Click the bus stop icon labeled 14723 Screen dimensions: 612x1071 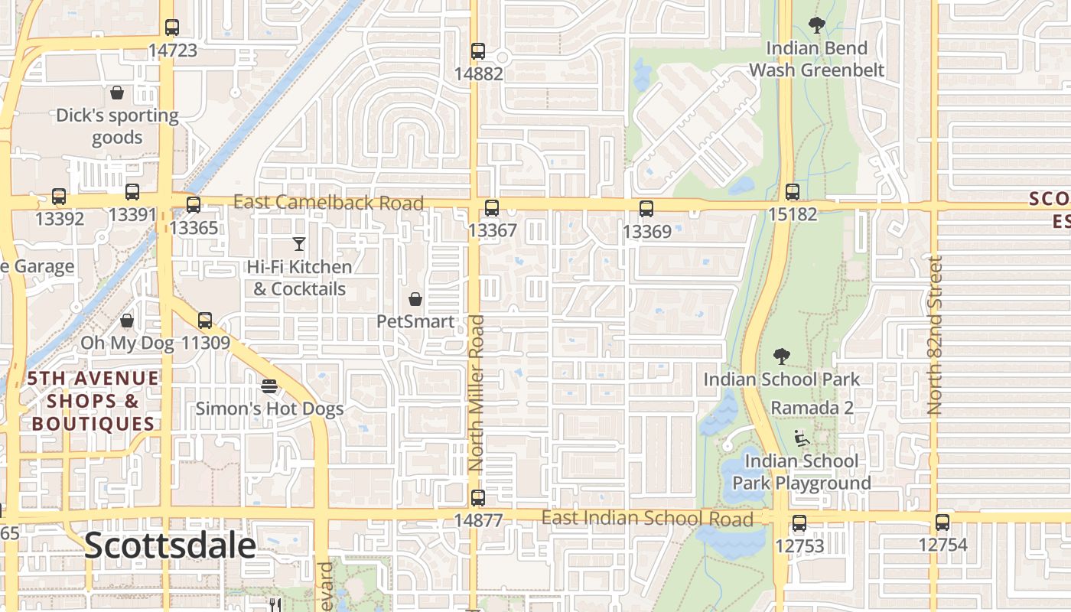172,28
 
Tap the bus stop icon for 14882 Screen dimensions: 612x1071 478,51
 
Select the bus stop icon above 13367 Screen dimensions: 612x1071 492,208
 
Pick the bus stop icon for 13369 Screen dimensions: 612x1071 646,209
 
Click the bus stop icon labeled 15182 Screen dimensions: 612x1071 793,192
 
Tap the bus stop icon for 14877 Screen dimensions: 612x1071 478,498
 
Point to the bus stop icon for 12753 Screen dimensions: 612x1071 799,523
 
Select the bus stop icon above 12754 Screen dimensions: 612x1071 942,522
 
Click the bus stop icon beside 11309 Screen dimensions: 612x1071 205,321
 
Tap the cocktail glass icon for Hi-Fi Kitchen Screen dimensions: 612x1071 299,244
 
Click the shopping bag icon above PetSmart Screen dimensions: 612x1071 415,299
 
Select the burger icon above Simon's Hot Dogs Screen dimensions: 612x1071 269,386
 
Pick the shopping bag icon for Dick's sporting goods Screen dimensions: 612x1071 117,93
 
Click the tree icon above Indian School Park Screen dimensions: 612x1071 781,356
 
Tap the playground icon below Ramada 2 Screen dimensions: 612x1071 801,438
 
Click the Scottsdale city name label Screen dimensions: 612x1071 170,545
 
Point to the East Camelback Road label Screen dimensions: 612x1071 328,203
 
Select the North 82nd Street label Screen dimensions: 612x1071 935,335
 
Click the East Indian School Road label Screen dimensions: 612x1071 647,518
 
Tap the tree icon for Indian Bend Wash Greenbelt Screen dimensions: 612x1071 817,25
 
